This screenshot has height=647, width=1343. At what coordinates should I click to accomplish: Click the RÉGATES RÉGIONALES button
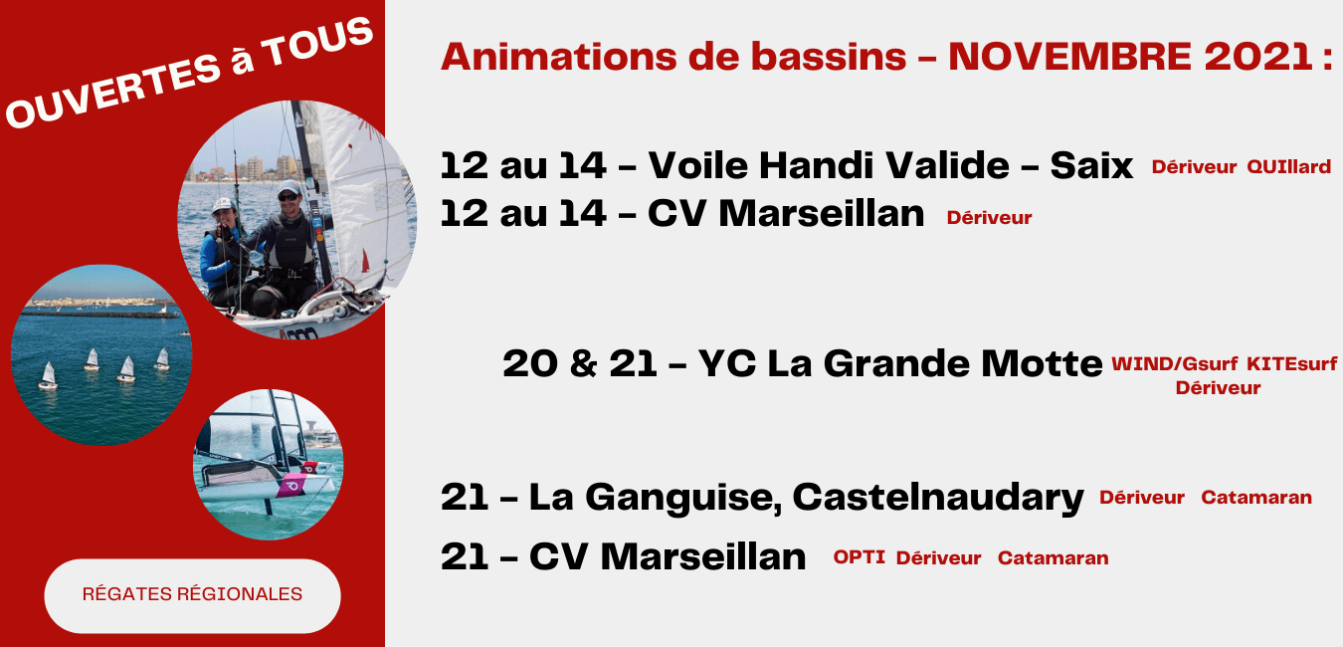(192, 595)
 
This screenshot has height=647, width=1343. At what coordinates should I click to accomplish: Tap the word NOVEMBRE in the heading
(1069, 57)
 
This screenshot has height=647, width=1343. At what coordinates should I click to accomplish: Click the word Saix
(1091, 165)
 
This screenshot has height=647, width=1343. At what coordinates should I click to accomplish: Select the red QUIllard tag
(1289, 166)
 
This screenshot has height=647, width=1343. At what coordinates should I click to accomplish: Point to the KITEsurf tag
(1292, 364)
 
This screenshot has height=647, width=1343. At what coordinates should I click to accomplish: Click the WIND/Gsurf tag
(1175, 364)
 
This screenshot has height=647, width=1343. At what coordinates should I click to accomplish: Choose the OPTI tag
(860, 557)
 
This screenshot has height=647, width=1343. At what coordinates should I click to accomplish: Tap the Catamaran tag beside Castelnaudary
(1256, 498)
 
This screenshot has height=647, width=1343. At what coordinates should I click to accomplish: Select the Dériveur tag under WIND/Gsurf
(1218, 388)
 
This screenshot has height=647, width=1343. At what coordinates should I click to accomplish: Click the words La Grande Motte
(935, 364)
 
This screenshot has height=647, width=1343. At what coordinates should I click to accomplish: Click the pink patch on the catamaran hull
(291, 485)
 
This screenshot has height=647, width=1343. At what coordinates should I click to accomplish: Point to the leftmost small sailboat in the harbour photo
(48, 376)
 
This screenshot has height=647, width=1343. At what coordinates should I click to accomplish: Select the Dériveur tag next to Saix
(1194, 166)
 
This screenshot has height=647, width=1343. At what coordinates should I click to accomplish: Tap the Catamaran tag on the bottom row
(1053, 558)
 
